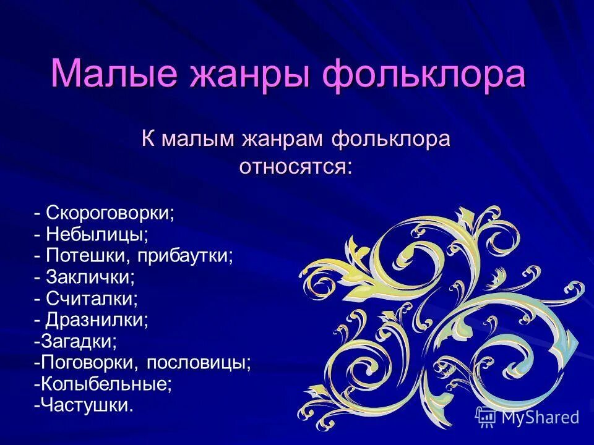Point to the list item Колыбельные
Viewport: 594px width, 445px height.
tap(106, 384)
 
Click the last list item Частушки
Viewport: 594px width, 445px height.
tap(86, 405)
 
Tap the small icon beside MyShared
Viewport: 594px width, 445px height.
tap(486, 417)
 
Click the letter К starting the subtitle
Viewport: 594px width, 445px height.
tap(148, 139)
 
